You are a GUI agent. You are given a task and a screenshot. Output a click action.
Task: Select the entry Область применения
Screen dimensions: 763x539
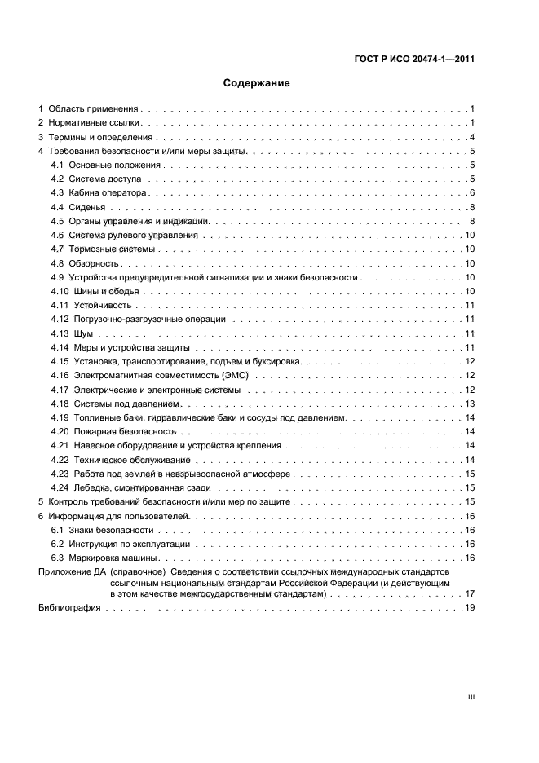point(93,108)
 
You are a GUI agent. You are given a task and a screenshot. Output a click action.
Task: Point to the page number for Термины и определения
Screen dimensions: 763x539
point(472,137)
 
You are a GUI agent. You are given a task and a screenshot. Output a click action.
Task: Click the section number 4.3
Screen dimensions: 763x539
point(57,193)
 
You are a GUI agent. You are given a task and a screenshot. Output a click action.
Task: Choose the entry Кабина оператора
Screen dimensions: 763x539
point(107,193)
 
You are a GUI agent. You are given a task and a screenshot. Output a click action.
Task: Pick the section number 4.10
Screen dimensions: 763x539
point(59,291)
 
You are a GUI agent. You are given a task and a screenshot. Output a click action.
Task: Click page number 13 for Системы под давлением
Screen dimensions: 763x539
point(470,404)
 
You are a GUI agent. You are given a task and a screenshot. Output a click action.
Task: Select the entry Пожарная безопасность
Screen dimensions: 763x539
point(125,431)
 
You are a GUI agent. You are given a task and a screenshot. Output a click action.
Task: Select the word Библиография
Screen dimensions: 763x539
point(69,608)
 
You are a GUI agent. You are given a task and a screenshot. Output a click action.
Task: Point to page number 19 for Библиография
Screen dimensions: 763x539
point(470,608)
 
